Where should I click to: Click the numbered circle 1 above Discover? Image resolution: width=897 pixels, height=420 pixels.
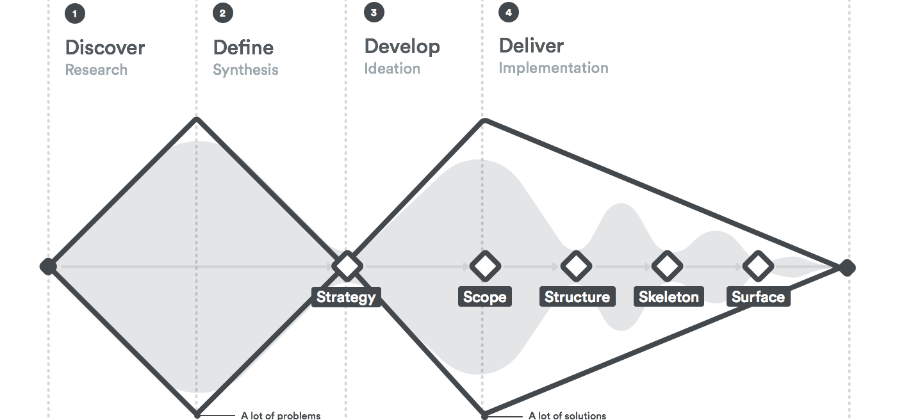pos(75,13)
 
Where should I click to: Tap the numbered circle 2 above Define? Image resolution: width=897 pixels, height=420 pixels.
pos(223,13)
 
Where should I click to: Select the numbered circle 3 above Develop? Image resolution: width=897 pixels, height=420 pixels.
pos(374,12)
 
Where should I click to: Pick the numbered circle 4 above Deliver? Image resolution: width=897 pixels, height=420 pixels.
pos(509,12)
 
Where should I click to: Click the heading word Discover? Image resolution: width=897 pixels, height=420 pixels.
pos(105,47)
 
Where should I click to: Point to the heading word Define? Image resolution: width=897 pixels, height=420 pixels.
pos(243,47)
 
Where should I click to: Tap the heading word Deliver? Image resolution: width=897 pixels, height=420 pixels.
pos(531,45)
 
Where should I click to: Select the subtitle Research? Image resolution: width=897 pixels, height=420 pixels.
pos(96,70)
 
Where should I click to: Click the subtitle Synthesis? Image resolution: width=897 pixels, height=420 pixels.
pos(245,70)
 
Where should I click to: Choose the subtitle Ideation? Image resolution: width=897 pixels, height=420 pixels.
pos(392,69)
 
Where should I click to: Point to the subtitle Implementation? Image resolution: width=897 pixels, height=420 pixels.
pos(554,68)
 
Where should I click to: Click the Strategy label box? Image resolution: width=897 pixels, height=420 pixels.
pos(346,297)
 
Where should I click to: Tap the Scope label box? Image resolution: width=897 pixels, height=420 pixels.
pos(485,297)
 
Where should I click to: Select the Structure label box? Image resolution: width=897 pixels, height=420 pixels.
pos(577,297)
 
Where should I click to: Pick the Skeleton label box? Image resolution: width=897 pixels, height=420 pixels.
pos(669,297)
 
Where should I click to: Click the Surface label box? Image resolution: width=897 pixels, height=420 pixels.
pos(759,297)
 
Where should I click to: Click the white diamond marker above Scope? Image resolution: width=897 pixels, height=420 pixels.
pos(485,266)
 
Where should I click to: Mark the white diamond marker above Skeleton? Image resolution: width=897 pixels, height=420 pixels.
pos(667,266)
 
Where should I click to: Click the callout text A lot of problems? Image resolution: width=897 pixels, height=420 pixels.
pos(281,416)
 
